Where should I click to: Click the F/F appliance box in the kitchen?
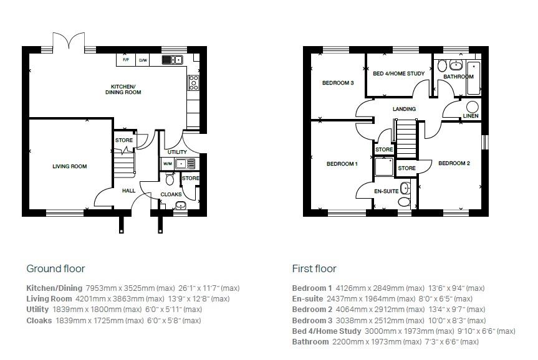click(125, 60)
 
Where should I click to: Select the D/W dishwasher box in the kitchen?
click(143, 60)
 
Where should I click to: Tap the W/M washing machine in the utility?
click(167, 164)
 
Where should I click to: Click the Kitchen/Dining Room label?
click(127, 89)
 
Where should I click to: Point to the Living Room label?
click(69, 166)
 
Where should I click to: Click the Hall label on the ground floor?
click(128, 191)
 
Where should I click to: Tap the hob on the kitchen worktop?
click(193, 81)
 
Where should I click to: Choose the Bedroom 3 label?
click(338, 83)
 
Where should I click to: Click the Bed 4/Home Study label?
click(398, 73)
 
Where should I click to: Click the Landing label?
click(404, 110)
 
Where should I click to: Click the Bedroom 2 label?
click(453, 163)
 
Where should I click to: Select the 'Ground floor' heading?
click(55, 269)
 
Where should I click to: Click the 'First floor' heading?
click(314, 269)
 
